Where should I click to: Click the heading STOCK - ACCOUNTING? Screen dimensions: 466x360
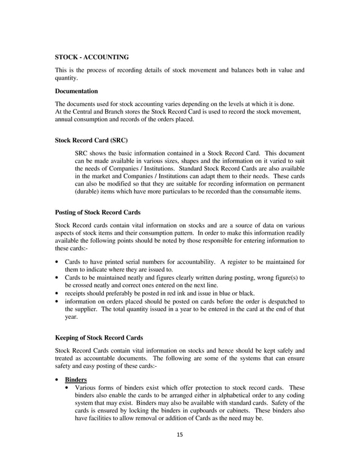[92, 57]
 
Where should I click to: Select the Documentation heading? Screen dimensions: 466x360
[76, 91]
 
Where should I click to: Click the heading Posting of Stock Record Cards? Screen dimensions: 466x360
[98, 213]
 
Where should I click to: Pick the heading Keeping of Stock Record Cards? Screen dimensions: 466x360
[99, 338]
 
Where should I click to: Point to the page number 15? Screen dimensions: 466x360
[180, 434]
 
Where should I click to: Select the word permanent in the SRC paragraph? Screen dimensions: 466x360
[288, 184]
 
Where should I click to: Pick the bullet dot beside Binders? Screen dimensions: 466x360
[58, 380]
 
